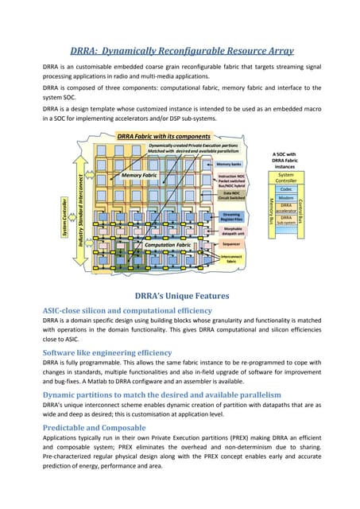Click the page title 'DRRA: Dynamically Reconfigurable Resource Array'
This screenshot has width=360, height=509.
click(180, 49)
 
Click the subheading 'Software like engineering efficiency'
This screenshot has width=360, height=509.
click(106, 352)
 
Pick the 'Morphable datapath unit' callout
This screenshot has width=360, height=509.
click(233, 231)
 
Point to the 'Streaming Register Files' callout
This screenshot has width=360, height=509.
click(232, 216)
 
